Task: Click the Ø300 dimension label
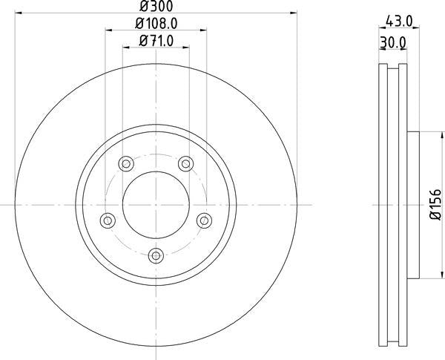pos(156,7)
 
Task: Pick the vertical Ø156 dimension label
pos(435,206)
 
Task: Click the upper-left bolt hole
pos(126,163)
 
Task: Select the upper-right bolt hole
pos(185,163)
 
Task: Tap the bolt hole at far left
pos(108,220)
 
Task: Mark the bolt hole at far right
pos(204,220)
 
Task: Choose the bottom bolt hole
pos(156,255)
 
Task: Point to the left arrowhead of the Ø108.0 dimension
pos(108,30)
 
